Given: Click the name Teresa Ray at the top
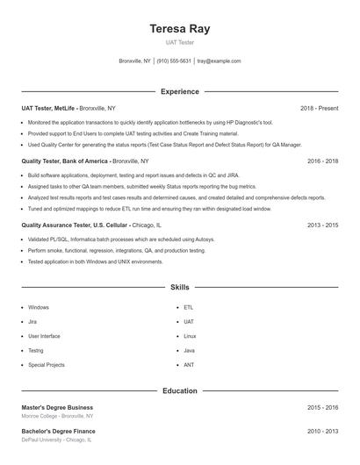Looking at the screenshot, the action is coord(179,29).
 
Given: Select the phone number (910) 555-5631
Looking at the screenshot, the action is coord(174,61).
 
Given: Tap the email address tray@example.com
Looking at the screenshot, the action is coord(219,61).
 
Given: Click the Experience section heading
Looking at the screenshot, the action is coord(179,91).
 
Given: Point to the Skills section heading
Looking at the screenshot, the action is coord(179,287).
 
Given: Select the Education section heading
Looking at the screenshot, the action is coord(179,390).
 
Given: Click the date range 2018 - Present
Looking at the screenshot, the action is coord(319,108).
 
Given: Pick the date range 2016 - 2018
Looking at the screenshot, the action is coord(322,161).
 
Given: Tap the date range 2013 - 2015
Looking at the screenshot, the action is coord(322,225).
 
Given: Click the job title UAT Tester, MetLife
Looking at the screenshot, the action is coord(48,108).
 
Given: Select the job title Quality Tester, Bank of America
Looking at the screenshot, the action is coord(66,161).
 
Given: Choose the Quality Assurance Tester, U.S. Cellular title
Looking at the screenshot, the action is coord(74,225).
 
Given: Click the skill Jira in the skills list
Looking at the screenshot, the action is coord(32,322).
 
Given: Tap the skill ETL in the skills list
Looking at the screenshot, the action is coord(188,308).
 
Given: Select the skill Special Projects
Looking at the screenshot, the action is coord(46,364).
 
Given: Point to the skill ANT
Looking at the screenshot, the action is coord(189,364).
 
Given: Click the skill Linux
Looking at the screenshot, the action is coord(190,336).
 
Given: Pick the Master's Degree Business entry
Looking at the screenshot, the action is coord(57,407).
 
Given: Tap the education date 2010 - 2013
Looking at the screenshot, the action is coord(322,432).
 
